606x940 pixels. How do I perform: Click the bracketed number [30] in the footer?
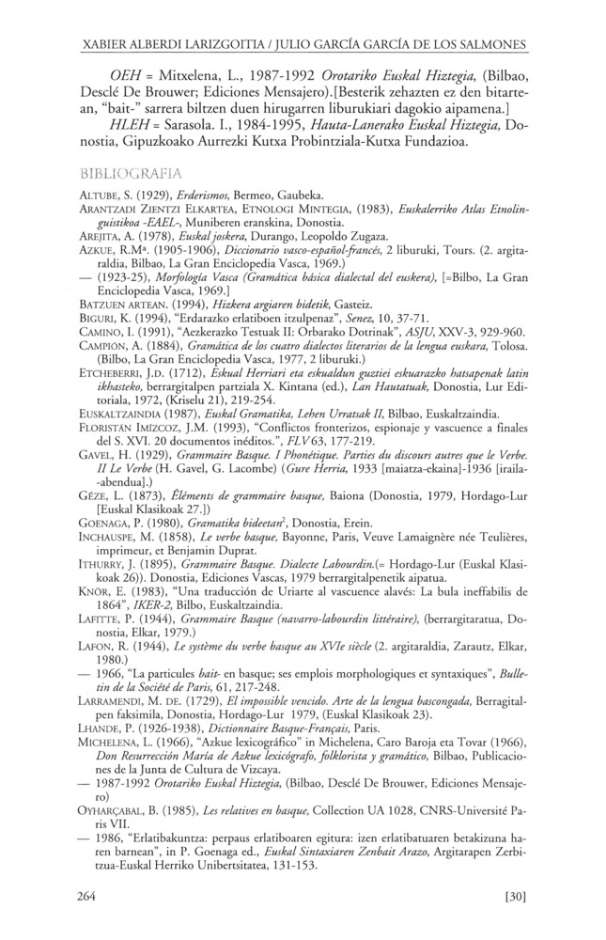pyautogui.click(x=513, y=897)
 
